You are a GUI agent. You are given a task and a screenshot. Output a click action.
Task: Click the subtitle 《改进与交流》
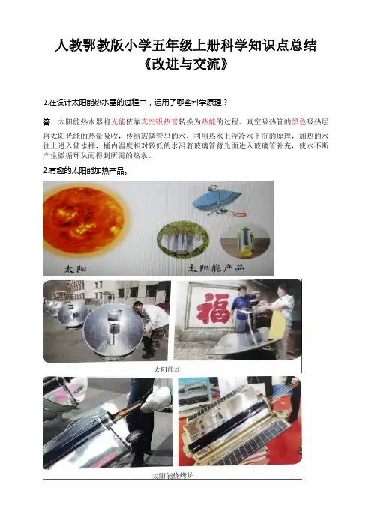(186, 64)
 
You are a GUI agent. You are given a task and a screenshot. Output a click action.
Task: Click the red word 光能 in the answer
(118, 121)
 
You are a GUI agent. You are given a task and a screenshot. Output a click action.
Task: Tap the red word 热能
(208, 121)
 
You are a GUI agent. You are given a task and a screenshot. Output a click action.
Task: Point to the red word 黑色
(299, 121)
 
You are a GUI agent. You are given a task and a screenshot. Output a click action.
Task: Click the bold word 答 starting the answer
(46, 122)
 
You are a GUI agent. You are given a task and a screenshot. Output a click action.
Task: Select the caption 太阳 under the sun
(75, 269)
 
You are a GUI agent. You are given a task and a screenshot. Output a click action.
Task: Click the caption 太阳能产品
(216, 268)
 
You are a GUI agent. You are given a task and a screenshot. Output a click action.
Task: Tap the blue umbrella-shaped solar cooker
(217, 201)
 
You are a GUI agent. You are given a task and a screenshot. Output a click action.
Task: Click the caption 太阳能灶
(166, 369)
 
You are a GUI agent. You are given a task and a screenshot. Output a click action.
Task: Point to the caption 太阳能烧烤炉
(173, 475)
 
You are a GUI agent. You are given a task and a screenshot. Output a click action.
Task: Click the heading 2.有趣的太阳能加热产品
(85, 171)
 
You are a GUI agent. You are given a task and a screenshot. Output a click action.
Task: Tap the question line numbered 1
(135, 103)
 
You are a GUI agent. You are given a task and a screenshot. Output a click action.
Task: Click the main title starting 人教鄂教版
(186, 46)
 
